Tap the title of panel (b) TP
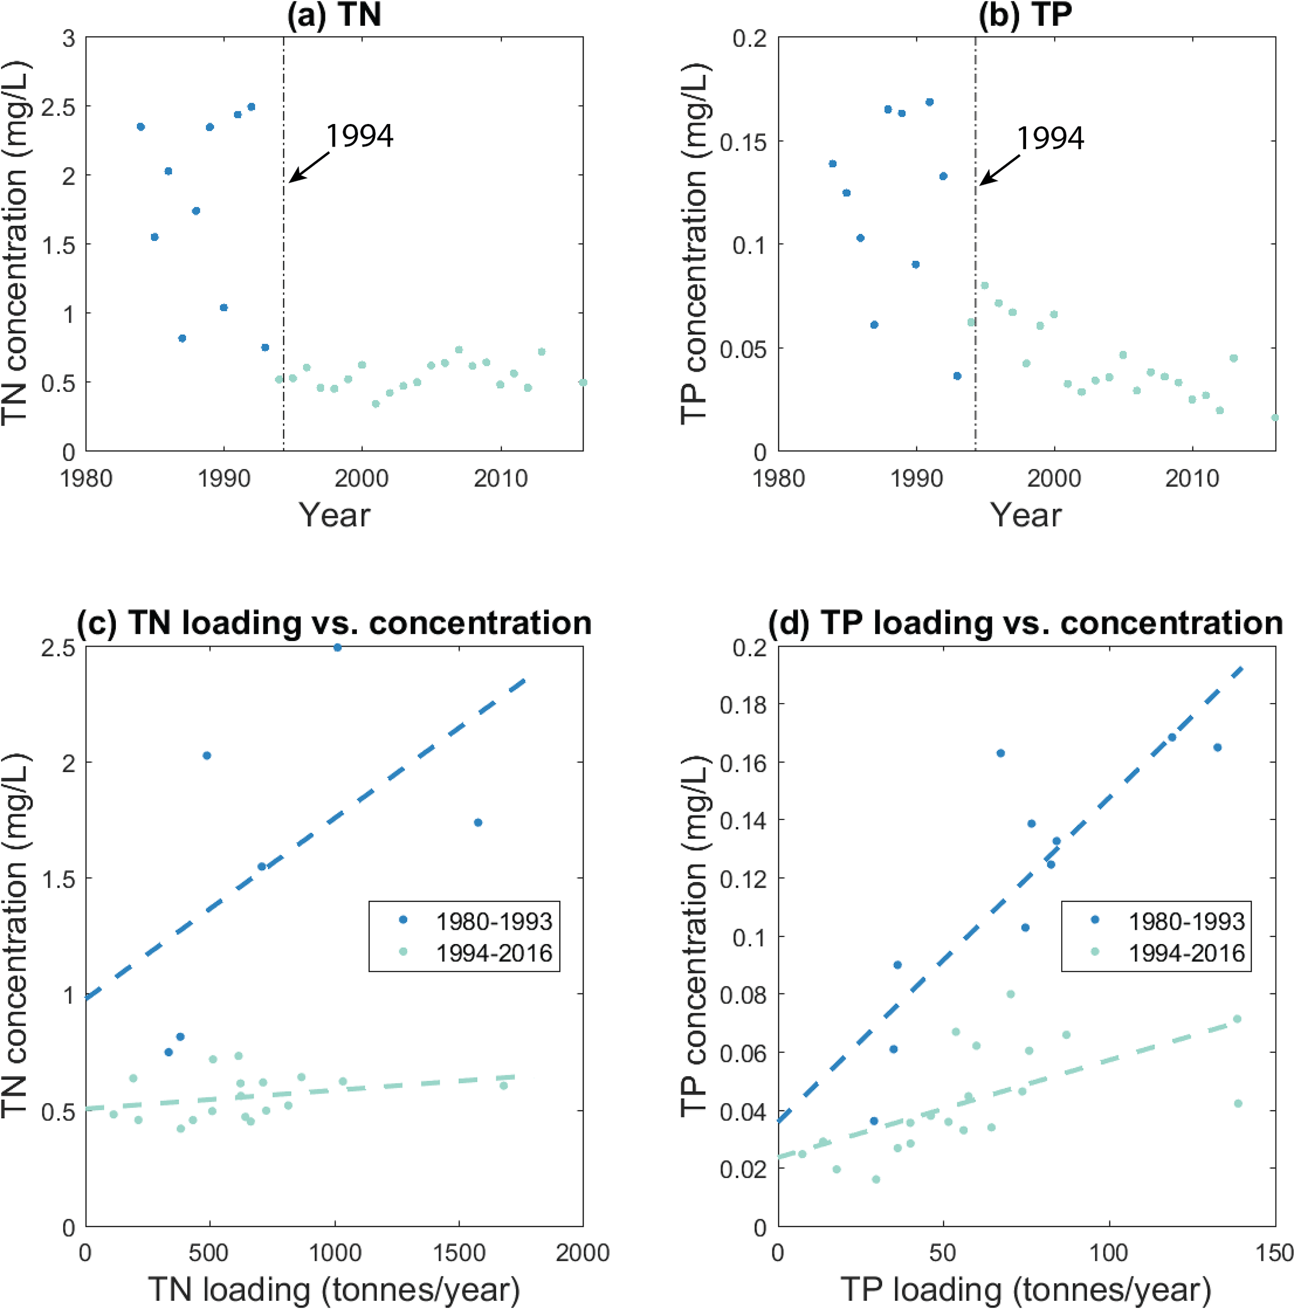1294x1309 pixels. (1024, 15)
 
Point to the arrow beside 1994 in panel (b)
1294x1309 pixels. (999, 170)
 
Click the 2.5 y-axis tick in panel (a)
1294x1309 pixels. (58, 107)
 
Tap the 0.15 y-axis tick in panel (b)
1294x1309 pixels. (742, 142)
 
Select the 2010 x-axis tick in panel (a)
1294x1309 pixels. (500, 478)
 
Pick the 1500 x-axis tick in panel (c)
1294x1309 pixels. (459, 1252)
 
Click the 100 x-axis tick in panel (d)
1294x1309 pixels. (1109, 1252)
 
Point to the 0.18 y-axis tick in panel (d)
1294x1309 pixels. (742, 705)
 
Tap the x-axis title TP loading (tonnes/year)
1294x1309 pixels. (1025, 1289)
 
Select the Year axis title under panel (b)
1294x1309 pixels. (1025, 515)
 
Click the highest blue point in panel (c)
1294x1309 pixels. (337, 647)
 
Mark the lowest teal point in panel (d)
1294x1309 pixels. (875, 1179)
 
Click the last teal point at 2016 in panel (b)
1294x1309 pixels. (1275, 418)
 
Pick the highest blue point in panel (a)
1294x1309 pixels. (250, 106)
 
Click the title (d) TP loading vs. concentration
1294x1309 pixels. (1025, 623)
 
